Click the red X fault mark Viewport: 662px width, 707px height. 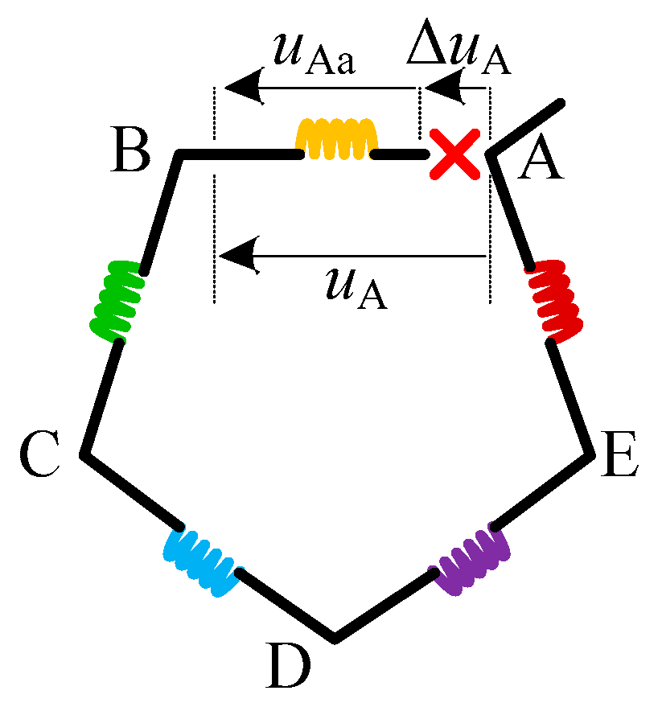(454, 153)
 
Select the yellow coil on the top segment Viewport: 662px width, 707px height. (337, 141)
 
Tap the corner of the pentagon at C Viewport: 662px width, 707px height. (84, 455)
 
